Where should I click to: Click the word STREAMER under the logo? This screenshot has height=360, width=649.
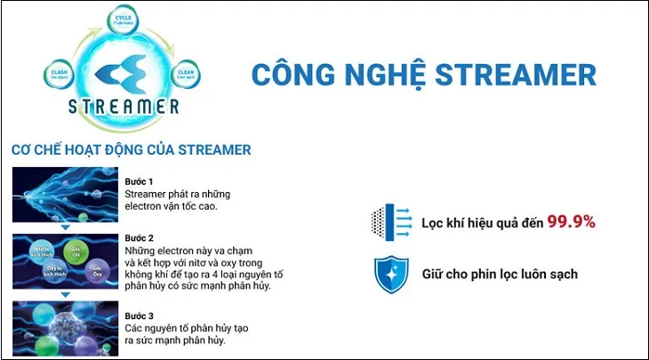tap(123, 108)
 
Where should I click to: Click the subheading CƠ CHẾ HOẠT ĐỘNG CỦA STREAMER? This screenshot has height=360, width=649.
tap(131, 149)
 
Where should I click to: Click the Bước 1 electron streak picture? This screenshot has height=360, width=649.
tap(66, 195)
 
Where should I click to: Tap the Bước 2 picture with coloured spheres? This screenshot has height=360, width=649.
tap(66, 263)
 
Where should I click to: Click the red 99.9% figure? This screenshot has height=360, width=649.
tap(571, 220)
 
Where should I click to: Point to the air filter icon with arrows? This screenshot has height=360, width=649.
tap(389, 221)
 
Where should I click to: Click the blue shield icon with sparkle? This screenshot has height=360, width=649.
tap(389, 274)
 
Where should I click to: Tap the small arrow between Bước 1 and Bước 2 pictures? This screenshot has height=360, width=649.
tap(66, 228)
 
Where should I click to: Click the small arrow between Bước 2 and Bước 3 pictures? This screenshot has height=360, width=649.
tap(66, 297)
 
